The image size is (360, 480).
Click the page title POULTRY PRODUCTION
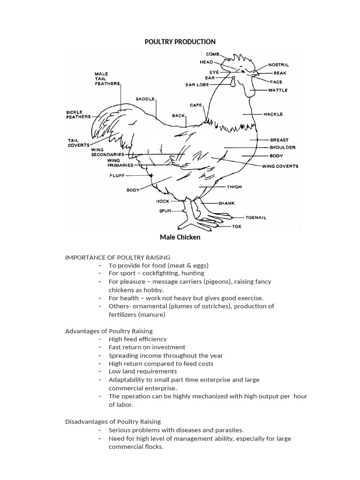point(180,42)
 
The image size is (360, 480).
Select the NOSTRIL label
point(278,65)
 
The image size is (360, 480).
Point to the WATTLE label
point(277,90)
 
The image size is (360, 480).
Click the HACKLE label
point(273,114)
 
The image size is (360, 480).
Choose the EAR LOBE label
point(197,85)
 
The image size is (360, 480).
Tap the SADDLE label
point(145,99)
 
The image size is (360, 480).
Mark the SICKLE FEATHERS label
point(78,114)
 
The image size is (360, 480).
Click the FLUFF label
point(117,175)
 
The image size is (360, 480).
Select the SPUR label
point(165,211)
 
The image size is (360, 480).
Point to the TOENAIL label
point(256,217)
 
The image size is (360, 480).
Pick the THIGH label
point(234,187)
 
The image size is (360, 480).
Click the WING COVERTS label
point(280,166)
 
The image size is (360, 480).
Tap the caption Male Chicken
point(180,237)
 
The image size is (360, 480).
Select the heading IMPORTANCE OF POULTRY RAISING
point(117,257)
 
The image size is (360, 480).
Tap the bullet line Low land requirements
point(142,371)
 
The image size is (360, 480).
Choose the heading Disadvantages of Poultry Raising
point(112,421)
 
